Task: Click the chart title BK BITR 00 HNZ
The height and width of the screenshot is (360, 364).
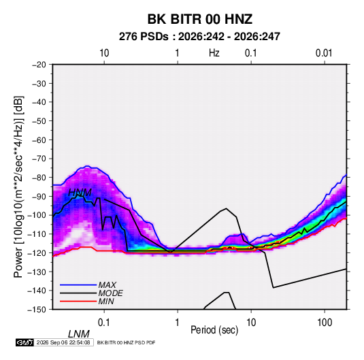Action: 200,19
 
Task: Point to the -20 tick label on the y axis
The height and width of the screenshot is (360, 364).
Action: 39,65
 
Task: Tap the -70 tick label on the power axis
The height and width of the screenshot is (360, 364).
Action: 39,159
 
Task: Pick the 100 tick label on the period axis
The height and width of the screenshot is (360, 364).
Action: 325,323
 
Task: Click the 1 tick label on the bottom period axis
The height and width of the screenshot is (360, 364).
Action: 178,323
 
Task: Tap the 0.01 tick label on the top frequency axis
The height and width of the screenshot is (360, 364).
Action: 324,53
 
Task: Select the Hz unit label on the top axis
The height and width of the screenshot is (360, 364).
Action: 214,53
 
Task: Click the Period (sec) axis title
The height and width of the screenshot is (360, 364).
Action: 214,330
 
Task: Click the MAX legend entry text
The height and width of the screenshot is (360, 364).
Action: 107,285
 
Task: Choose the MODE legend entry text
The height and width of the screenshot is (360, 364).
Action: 110,293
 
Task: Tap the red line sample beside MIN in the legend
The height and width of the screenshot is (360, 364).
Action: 78,301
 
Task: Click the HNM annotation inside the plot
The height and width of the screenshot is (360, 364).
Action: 80,193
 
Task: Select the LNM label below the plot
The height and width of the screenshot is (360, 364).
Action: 78,334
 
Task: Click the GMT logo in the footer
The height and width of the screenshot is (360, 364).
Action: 25,342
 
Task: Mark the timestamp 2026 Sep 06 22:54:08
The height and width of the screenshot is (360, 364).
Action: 63,342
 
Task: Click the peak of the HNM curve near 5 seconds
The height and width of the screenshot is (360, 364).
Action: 226,208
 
